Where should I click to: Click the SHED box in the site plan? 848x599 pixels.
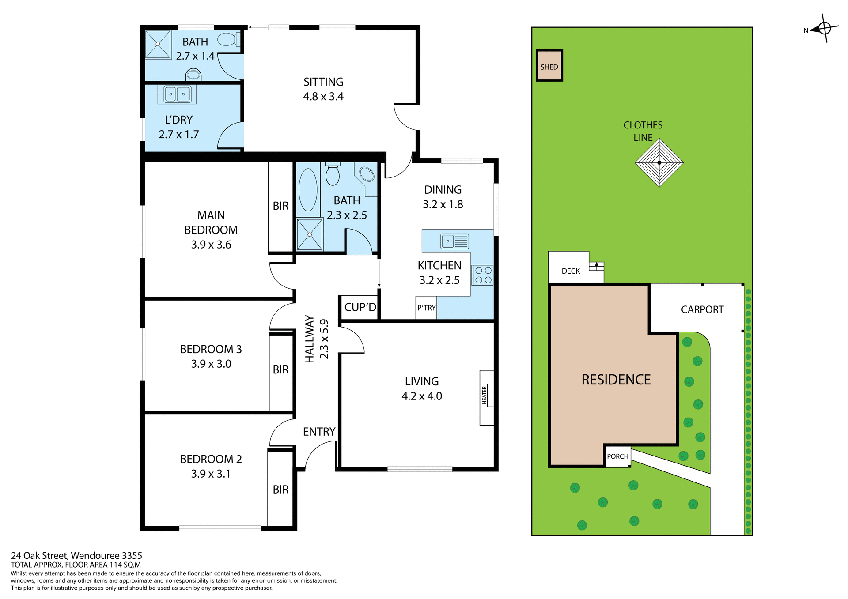(x=549, y=65)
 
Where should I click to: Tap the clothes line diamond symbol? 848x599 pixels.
(x=659, y=162)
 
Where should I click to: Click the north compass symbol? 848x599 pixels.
(x=824, y=28)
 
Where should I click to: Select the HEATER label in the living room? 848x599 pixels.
(x=484, y=395)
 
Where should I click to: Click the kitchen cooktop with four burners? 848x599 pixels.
(x=482, y=275)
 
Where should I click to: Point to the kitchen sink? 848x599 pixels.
(x=454, y=241)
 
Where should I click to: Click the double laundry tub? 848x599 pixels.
(x=177, y=94)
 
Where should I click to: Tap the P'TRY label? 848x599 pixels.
(x=426, y=308)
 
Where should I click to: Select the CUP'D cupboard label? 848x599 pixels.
(x=360, y=307)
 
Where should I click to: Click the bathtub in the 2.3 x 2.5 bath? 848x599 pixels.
(x=308, y=190)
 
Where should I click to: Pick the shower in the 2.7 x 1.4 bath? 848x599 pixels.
(x=158, y=44)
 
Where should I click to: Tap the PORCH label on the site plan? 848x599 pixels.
(x=617, y=456)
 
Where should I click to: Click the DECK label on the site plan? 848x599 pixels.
(x=571, y=271)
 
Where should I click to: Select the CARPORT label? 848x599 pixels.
(x=702, y=309)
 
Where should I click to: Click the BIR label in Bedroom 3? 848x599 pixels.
(x=280, y=369)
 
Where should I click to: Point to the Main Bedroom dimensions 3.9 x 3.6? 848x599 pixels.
(x=211, y=245)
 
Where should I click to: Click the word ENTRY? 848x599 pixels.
(x=319, y=432)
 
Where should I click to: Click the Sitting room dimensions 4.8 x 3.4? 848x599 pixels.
(x=323, y=97)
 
